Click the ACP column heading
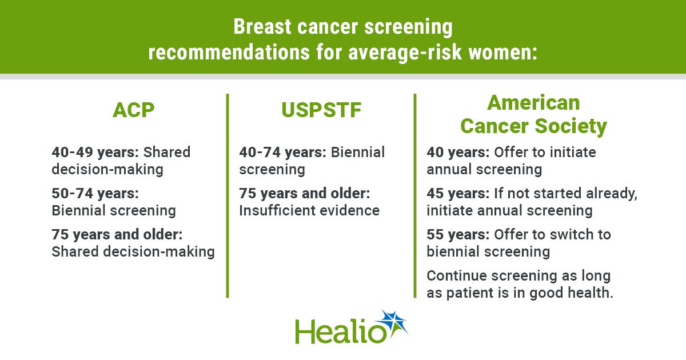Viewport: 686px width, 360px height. pyautogui.click(x=134, y=110)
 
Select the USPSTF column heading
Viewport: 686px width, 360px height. pyautogui.click(x=321, y=110)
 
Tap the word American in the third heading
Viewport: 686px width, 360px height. pyautogui.click(x=533, y=102)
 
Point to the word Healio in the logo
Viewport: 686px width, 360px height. pyautogui.click(x=341, y=331)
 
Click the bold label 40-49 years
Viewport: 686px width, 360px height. pyautogui.click(x=95, y=152)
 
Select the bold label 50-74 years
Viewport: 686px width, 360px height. pyautogui.click(x=95, y=194)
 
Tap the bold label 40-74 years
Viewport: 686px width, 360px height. pyautogui.click(x=283, y=152)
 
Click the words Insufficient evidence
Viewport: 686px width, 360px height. pyautogui.click(x=309, y=211)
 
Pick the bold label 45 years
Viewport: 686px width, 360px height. pyautogui.click(x=458, y=194)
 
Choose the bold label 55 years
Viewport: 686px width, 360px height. pyautogui.click(x=458, y=234)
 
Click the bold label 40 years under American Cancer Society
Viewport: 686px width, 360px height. pyautogui.click(x=458, y=152)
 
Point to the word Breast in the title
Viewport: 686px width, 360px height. pyautogui.click(x=262, y=27)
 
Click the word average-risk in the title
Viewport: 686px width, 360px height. pyautogui.click(x=405, y=53)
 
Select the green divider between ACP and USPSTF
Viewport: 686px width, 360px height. pyautogui.click(x=228, y=195)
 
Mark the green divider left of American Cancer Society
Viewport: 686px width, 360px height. pyautogui.click(x=415, y=195)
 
